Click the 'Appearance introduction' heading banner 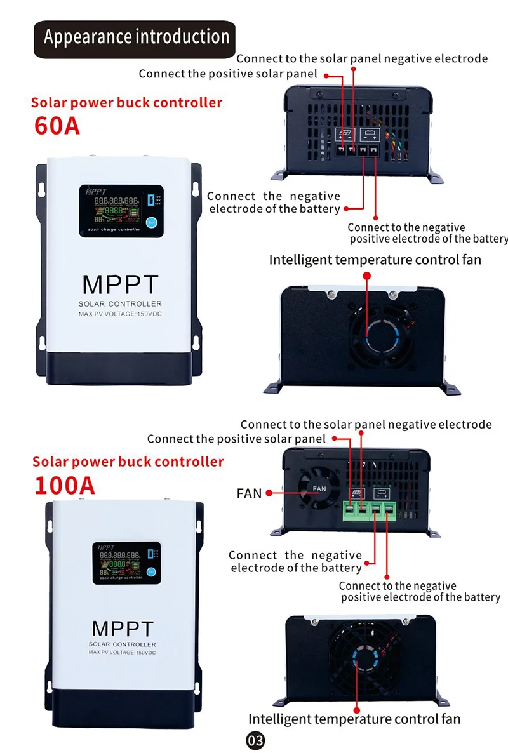[135, 37]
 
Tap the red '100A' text [64, 485]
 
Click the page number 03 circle [255, 740]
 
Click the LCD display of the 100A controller [125, 563]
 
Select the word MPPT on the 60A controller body [120, 284]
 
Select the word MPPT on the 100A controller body [123, 629]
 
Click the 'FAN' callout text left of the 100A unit [249, 493]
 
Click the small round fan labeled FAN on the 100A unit [319, 488]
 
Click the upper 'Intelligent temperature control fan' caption [375, 260]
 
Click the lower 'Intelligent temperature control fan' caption [354, 719]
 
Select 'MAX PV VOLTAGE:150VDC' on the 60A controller [120, 315]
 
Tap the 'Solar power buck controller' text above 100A [128, 462]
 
